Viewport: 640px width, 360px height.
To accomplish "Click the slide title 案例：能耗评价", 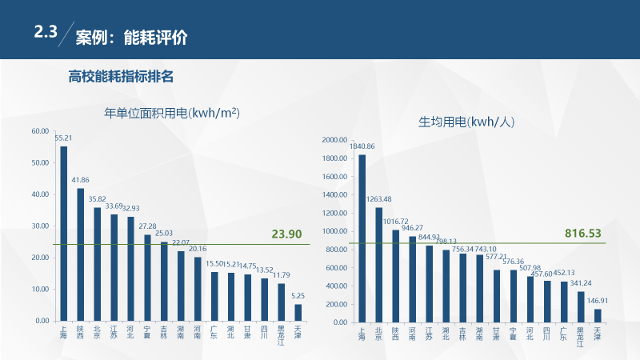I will click(132, 37).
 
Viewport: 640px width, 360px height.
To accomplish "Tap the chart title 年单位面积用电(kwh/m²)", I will click(173, 113).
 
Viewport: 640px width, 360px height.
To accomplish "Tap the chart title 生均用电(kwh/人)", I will click(467, 122).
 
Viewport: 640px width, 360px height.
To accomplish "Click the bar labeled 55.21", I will click(64, 232).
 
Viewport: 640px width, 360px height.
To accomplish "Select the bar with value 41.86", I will click(81, 254).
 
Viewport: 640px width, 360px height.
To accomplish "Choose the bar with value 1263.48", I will click(378, 264).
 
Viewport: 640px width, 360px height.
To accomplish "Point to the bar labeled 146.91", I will click(597, 315).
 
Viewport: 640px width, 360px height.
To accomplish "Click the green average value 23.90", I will click(286, 234).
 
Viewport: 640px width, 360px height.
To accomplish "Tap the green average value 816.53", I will click(582, 234).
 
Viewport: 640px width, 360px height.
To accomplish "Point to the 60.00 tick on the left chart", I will click(40, 131).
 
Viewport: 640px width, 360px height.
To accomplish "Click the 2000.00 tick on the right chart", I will click(334, 140).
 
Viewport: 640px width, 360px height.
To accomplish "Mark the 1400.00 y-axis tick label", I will click(334, 194).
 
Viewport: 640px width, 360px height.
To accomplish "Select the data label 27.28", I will click(148, 226).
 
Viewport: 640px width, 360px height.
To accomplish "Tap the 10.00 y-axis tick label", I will click(40, 289).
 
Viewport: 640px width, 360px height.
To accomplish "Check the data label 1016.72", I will click(395, 222).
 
